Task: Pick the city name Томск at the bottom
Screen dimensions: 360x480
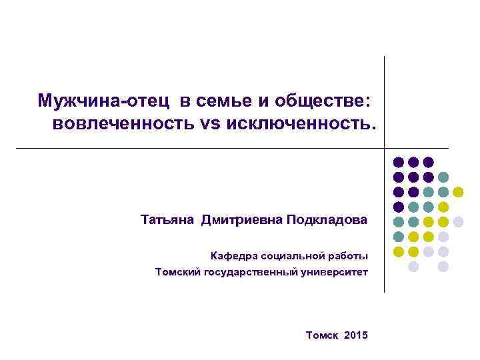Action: point(323,334)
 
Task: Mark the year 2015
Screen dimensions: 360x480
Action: point(356,334)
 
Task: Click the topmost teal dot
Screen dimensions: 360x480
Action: point(443,177)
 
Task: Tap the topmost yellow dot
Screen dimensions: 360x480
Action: point(459,192)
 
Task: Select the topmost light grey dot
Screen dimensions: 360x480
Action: point(459,222)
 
